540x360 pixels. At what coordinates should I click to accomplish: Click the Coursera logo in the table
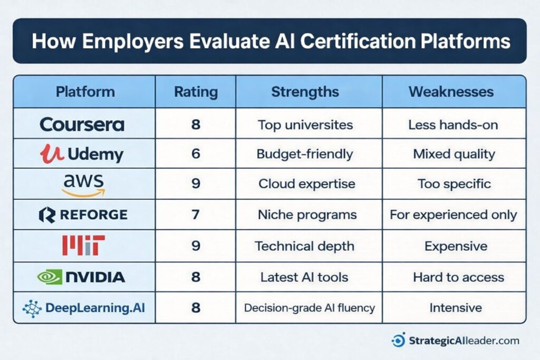click(x=82, y=124)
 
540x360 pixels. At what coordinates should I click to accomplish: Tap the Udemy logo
click(x=81, y=154)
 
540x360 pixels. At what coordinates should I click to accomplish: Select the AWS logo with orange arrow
click(x=83, y=185)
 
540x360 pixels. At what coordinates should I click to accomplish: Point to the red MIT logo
click(x=83, y=246)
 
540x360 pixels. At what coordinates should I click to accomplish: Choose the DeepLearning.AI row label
click(x=84, y=307)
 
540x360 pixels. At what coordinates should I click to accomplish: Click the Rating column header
click(x=196, y=92)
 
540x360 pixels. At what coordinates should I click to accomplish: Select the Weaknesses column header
click(x=451, y=92)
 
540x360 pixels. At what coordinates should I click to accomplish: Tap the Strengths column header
click(x=305, y=92)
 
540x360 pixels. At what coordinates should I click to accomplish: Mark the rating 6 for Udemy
click(x=196, y=154)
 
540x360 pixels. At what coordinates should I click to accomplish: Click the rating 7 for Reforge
click(x=196, y=215)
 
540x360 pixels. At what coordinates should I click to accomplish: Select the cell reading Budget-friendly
click(x=305, y=154)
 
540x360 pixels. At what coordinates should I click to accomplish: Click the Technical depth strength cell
click(x=305, y=246)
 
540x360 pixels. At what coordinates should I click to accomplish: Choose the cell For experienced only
click(x=454, y=215)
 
